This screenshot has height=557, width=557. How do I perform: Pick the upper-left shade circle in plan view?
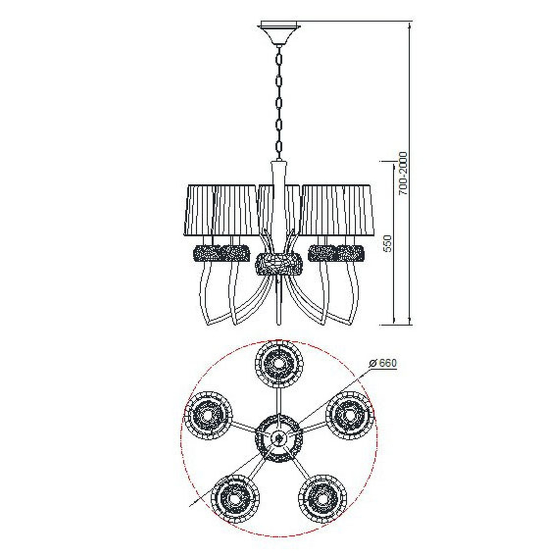208,415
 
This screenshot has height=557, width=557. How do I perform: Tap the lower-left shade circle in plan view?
235,498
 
